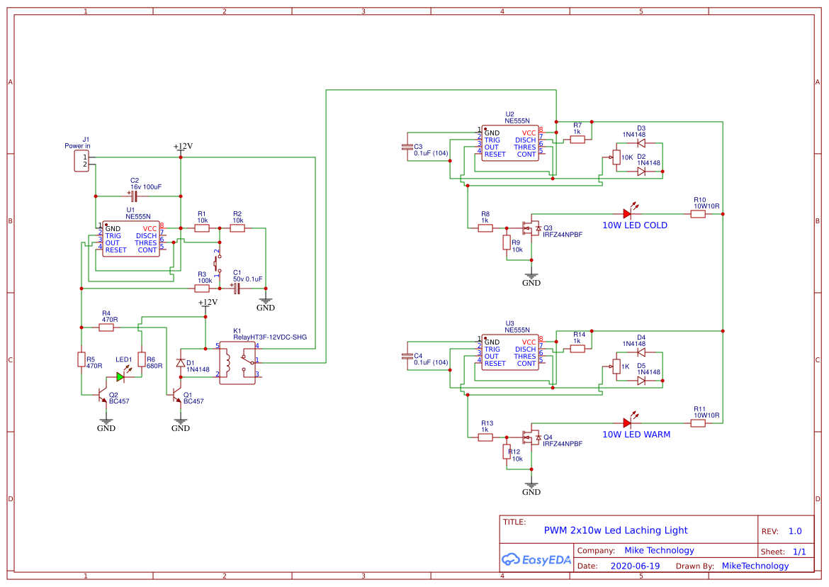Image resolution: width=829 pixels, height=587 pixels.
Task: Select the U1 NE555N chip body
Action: (x=130, y=239)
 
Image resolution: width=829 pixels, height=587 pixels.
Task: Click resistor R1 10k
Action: (x=202, y=228)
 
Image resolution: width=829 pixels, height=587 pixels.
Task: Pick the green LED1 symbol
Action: (x=121, y=377)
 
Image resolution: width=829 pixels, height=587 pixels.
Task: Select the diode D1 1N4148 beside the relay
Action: (x=181, y=362)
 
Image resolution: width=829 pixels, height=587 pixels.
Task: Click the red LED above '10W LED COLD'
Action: (x=627, y=213)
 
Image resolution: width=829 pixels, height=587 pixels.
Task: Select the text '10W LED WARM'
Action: (x=636, y=435)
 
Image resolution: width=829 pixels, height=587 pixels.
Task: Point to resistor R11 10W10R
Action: (x=698, y=423)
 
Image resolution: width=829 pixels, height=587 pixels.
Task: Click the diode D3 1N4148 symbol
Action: (x=641, y=143)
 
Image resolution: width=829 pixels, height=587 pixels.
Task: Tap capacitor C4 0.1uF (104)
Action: (x=407, y=355)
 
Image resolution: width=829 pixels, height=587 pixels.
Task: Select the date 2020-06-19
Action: (x=634, y=566)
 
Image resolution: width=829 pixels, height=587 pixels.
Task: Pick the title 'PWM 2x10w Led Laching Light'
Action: (x=615, y=530)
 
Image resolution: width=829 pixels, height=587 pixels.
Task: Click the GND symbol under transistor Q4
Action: (x=531, y=488)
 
